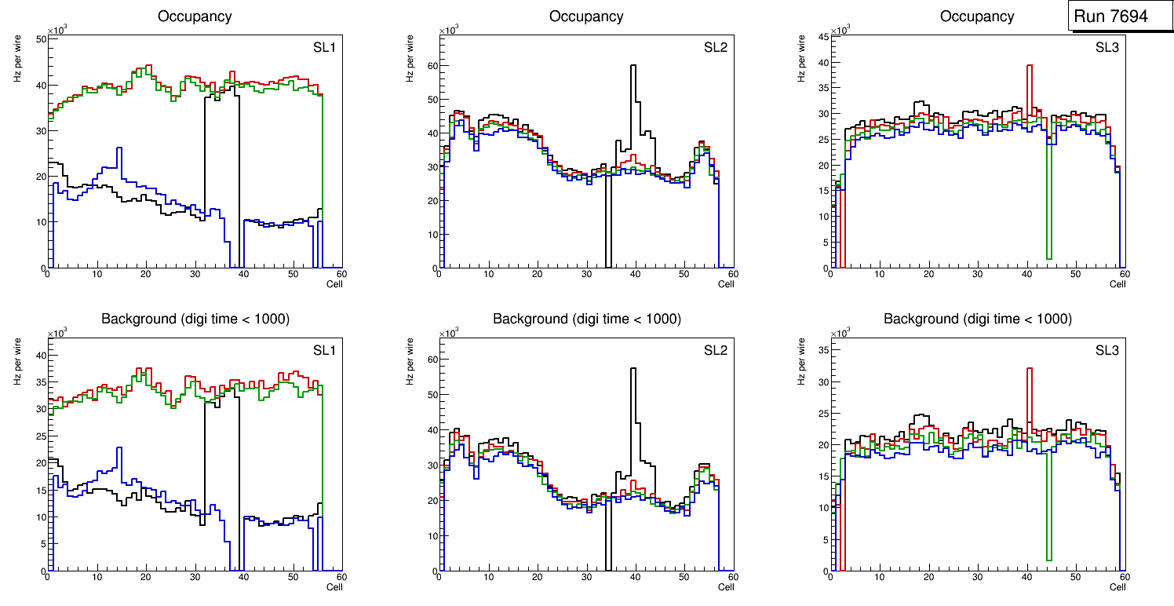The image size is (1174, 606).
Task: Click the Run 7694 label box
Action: coord(1121,16)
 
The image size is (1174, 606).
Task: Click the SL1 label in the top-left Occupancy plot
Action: coord(324,48)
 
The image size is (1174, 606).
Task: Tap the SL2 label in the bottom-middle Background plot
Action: coord(716,351)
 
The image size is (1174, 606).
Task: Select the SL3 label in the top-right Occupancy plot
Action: coord(1107,47)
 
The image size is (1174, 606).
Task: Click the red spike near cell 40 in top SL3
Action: coord(1029,68)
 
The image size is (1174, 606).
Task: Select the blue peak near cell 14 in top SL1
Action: coord(118,149)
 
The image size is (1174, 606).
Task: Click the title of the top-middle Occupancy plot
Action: coord(586,16)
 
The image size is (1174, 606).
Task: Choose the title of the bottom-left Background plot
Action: coord(195,319)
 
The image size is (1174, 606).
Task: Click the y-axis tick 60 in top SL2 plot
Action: coord(431,66)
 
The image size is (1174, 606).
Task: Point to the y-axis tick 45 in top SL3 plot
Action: coord(822,36)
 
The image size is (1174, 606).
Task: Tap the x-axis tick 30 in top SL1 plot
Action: coord(195,274)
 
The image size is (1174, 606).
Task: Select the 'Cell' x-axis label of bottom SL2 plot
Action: coord(726,586)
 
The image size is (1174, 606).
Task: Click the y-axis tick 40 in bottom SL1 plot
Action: coord(40,355)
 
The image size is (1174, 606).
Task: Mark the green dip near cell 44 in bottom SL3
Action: coord(1048,557)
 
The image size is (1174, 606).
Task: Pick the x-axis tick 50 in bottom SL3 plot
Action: coord(1076,577)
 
